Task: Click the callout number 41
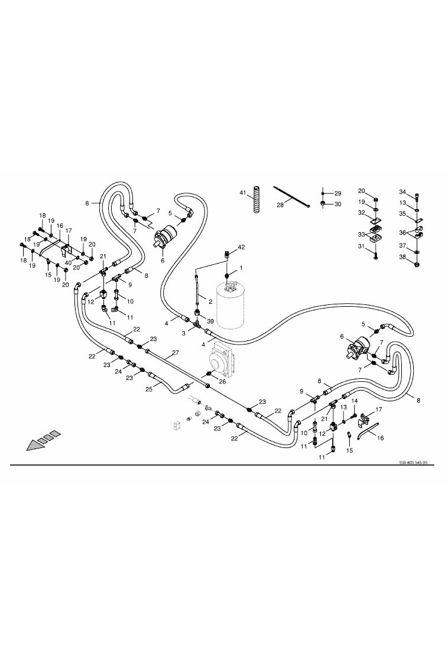pyautogui.click(x=242, y=193)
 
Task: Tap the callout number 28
pyautogui.click(x=280, y=204)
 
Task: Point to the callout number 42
pyautogui.click(x=241, y=247)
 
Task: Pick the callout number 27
pyautogui.click(x=176, y=353)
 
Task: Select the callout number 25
pyautogui.click(x=148, y=389)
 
